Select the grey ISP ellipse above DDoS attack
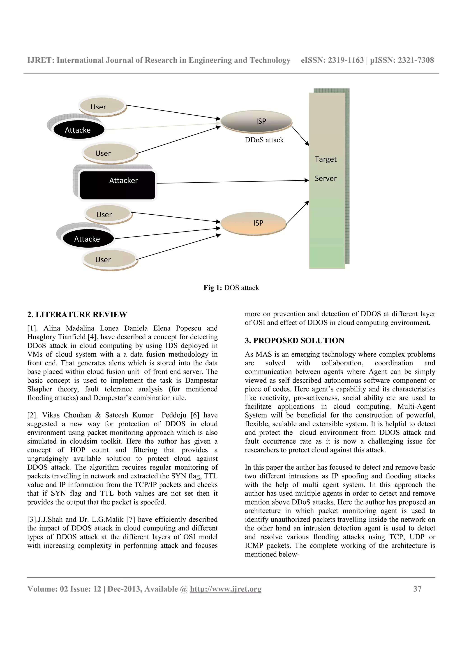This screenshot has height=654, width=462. [x=256, y=121]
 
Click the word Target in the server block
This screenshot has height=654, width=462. [x=325, y=159]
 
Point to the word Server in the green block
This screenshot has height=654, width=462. [x=325, y=179]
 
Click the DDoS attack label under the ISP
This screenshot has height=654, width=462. [x=264, y=140]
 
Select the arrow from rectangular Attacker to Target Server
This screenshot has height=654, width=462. [x=232, y=182]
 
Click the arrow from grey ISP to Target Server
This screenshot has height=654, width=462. [x=300, y=136]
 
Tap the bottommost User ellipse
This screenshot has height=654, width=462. [x=110, y=259]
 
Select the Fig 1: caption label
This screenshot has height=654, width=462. [x=212, y=288]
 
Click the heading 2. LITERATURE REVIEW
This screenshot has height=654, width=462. [x=77, y=314]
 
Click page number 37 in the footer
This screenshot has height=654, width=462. [x=417, y=589]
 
